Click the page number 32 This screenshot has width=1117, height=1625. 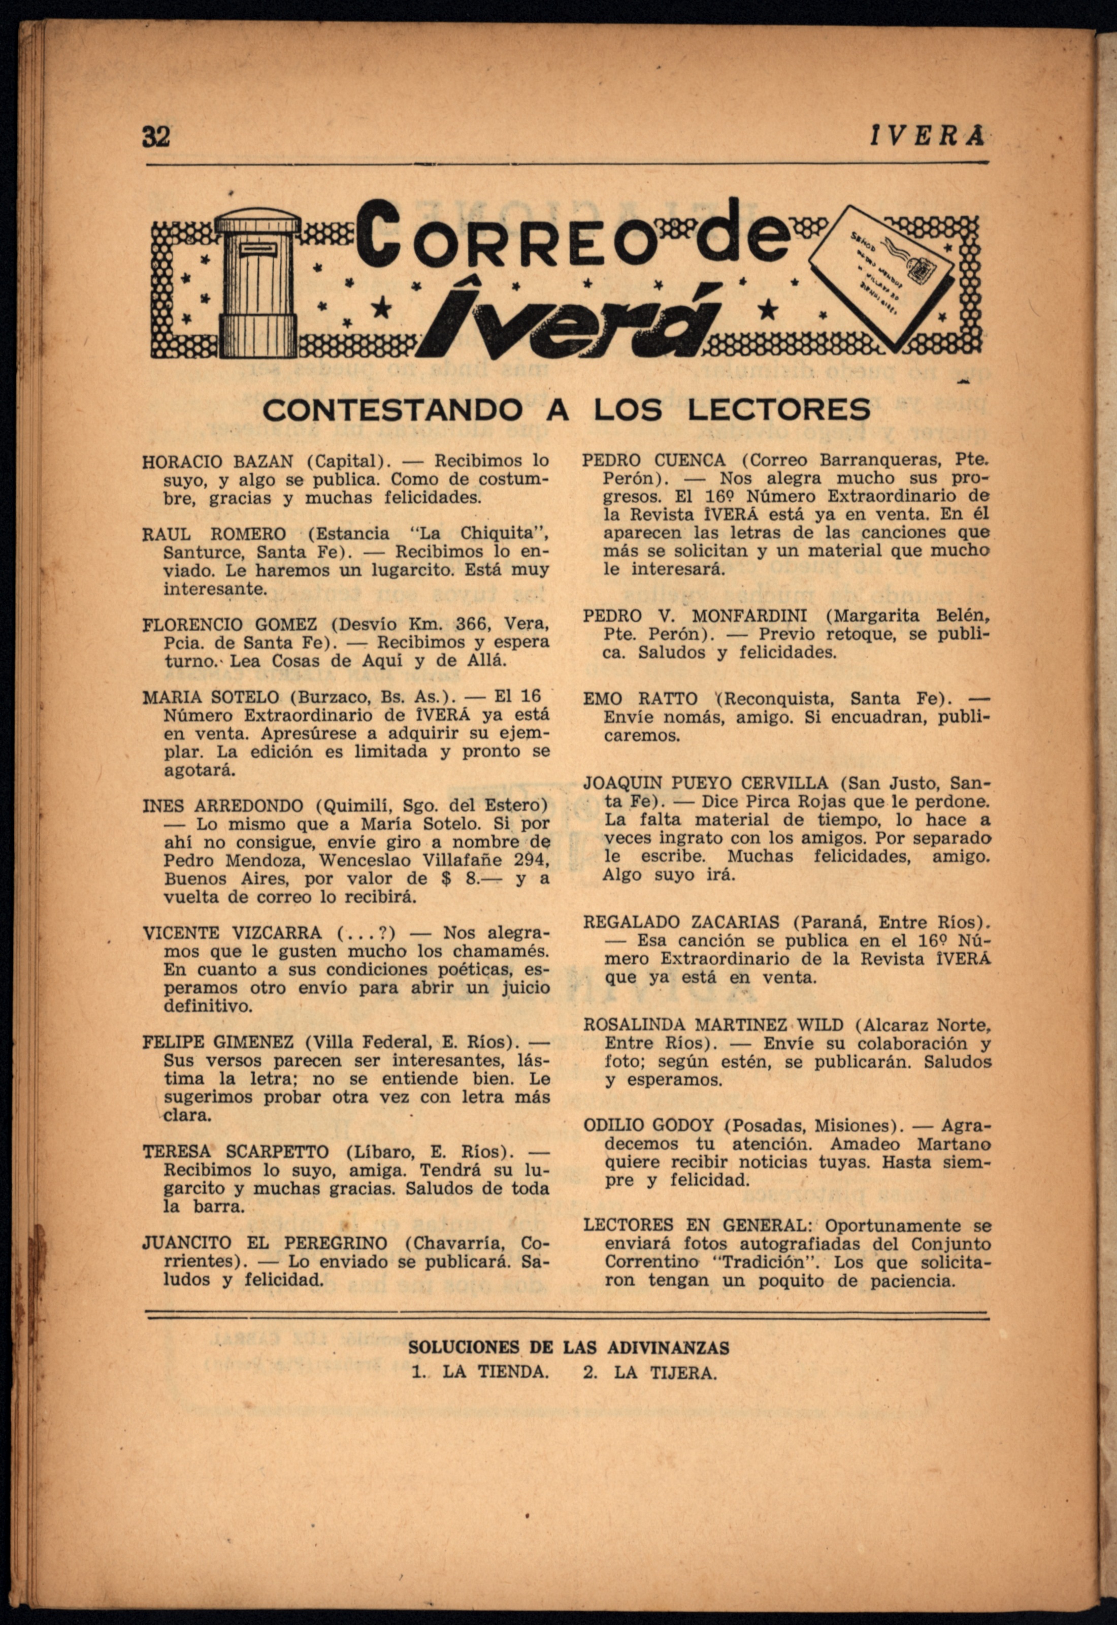point(156,136)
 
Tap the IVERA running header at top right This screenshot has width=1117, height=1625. point(927,136)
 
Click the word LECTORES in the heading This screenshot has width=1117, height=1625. point(779,409)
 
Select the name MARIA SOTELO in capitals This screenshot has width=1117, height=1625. point(210,698)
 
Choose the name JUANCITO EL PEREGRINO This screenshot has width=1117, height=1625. point(265,1244)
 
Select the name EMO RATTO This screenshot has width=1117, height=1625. point(640,699)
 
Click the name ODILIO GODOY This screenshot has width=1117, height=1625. point(648,1125)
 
